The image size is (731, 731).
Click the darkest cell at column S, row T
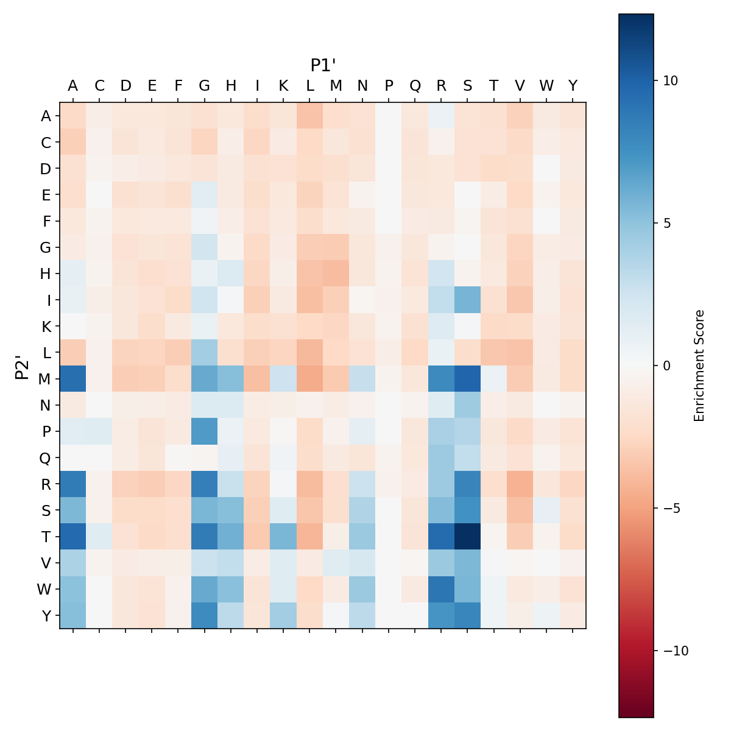tap(467, 536)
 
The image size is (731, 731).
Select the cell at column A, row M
tap(73, 378)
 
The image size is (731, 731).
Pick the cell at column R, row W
tap(441, 589)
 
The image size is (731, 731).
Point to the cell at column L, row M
tap(309, 378)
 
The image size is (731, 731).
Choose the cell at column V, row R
tap(520, 484)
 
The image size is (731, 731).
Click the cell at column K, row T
tap(283, 536)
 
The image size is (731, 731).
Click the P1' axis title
tap(323, 65)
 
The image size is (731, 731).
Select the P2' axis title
tap(23, 365)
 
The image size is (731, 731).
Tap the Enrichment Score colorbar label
tap(699, 365)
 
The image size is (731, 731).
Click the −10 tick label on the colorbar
tap(672, 651)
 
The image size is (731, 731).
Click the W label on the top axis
tap(546, 86)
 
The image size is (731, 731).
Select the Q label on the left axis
tap(45, 457)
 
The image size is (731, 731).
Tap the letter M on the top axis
tap(336, 86)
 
